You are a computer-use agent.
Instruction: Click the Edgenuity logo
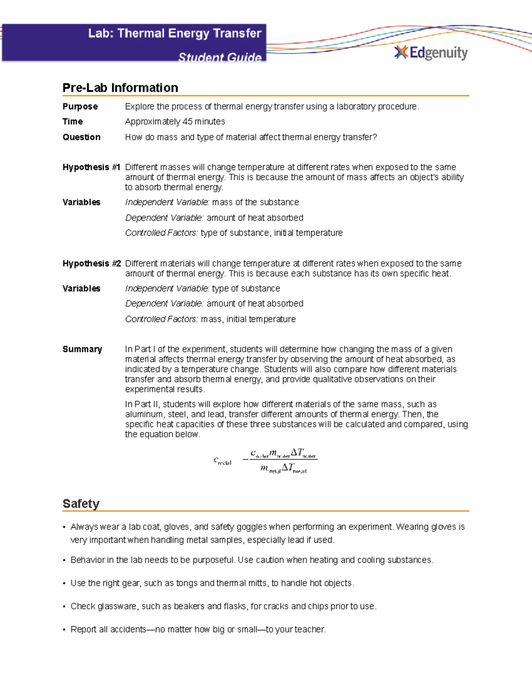coord(431,53)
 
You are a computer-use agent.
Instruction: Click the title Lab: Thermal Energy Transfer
coord(175,34)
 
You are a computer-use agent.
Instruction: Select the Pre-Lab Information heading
coord(120,88)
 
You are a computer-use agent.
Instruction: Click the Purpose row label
coord(80,107)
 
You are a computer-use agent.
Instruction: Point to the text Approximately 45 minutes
coord(175,122)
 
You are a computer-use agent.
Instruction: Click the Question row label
coord(82,137)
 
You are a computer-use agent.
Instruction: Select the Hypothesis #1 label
coord(91,167)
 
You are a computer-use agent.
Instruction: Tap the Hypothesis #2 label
coord(91,264)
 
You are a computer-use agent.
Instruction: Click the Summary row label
coord(82,350)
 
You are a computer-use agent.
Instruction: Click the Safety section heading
coord(81,504)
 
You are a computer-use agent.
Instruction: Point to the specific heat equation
coord(266,461)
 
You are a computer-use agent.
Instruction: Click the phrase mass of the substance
coord(255,202)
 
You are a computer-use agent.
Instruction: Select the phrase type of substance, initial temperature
coord(271,233)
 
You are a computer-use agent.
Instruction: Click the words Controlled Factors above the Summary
coord(161,319)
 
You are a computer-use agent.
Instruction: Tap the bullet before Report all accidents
coord(65,630)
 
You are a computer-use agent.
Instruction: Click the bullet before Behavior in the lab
coord(65,560)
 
